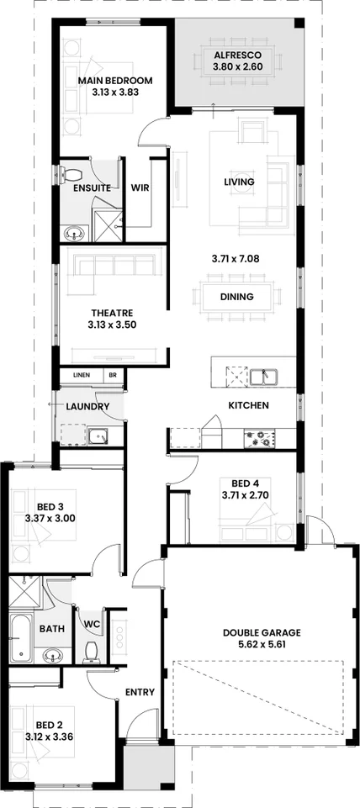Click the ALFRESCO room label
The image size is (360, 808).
click(238, 55)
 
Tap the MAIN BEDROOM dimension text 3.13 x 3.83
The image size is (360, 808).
click(115, 92)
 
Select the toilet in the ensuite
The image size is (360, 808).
click(68, 173)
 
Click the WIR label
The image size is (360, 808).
click(140, 188)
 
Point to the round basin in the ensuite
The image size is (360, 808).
click(76, 235)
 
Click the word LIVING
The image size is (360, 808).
click(239, 182)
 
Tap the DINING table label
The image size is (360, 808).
click(236, 297)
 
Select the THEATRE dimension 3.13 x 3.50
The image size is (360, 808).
click(113, 325)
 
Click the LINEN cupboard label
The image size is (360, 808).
click(82, 375)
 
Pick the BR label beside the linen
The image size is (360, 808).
click(113, 375)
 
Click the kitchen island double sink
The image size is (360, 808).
click(265, 377)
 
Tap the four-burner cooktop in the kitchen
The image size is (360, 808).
click(259, 439)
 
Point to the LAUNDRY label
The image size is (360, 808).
click(87, 407)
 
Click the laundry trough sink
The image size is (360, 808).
click(98, 436)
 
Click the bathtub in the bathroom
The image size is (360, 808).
click(20, 638)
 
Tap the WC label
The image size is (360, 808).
click(92, 625)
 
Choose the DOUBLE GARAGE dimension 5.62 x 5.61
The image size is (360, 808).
click(262, 644)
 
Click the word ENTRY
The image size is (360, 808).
click(140, 692)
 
